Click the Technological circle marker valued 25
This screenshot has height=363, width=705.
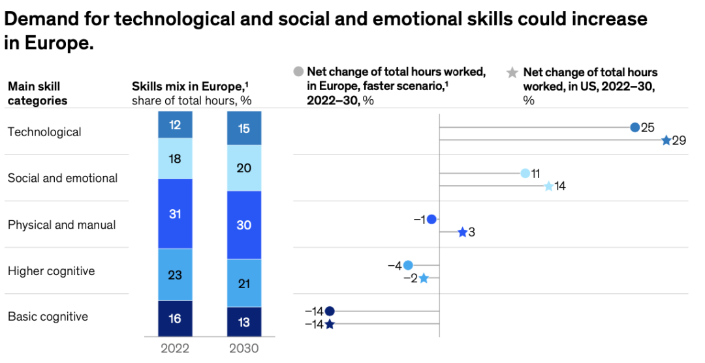tap(634, 127)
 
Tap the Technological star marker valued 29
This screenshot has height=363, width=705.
tap(666, 140)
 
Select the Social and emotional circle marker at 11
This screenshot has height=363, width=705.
tap(525, 173)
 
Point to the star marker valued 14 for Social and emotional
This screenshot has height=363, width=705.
tap(548, 186)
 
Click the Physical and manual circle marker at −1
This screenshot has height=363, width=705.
tap(431, 220)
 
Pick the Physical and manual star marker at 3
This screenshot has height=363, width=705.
tap(462, 232)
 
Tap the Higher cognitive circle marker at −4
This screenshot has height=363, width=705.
tap(408, 265)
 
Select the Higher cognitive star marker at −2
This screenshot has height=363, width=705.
tap(423, 278)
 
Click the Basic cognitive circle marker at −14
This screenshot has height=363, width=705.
tap(330, 312)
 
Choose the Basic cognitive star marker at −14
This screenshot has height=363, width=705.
tap(330, 324)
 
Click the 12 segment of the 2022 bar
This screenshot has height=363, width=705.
tap(175, 124)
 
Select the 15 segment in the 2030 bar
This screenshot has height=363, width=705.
tap(243, 128)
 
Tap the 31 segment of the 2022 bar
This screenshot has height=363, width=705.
tap(175, 214)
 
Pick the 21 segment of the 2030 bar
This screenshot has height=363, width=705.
tap(243, 283)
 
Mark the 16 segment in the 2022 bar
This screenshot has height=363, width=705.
tap(175, 319)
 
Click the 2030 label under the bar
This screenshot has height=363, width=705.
tap(243, 348)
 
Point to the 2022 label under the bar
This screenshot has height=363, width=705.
tap(175, 348)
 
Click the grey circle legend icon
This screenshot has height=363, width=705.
tap(299, 72)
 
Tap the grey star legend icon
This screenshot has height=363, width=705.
tap(513, 72)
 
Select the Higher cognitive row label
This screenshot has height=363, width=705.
tap(51, 271)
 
